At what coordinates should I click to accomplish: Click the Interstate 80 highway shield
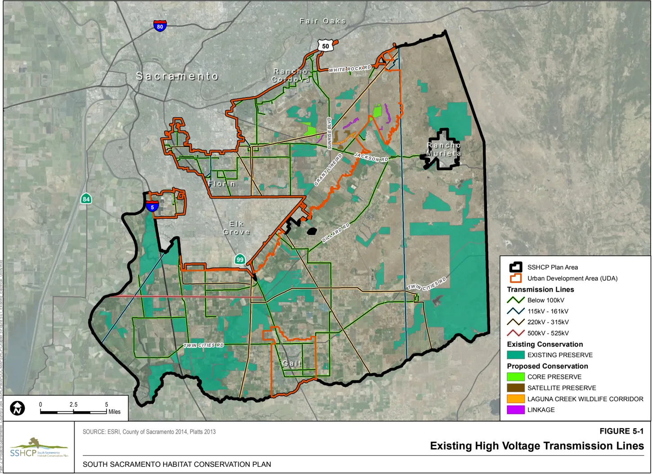(160, 26)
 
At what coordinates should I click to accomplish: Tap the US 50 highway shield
(325, 45)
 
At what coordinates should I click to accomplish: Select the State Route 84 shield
(86, 199)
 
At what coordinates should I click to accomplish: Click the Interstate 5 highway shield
(152, 207)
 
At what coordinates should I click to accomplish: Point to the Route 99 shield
(240, 259)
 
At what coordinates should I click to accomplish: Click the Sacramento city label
(177, 76)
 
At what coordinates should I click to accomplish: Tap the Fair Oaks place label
(322, 21)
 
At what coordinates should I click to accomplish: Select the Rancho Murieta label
(444, 149)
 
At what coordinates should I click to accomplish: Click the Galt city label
(292, 363)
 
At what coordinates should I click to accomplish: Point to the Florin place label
(222, 184)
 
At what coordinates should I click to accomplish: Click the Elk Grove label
(237, 228)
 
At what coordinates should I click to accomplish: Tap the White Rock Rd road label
(350, 69)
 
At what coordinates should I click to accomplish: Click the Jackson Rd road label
(371, 157)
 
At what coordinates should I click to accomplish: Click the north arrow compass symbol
(18, 408)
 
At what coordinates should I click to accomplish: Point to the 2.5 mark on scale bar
(73, 405)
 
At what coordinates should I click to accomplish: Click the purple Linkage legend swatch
(515, 410)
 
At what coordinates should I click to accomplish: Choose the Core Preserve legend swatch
(515, 377)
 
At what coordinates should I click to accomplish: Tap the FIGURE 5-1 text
(621, 431)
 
